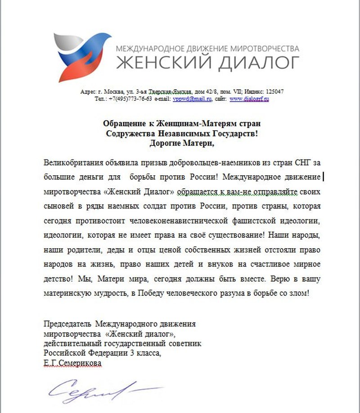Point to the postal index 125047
pos(274,91)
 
